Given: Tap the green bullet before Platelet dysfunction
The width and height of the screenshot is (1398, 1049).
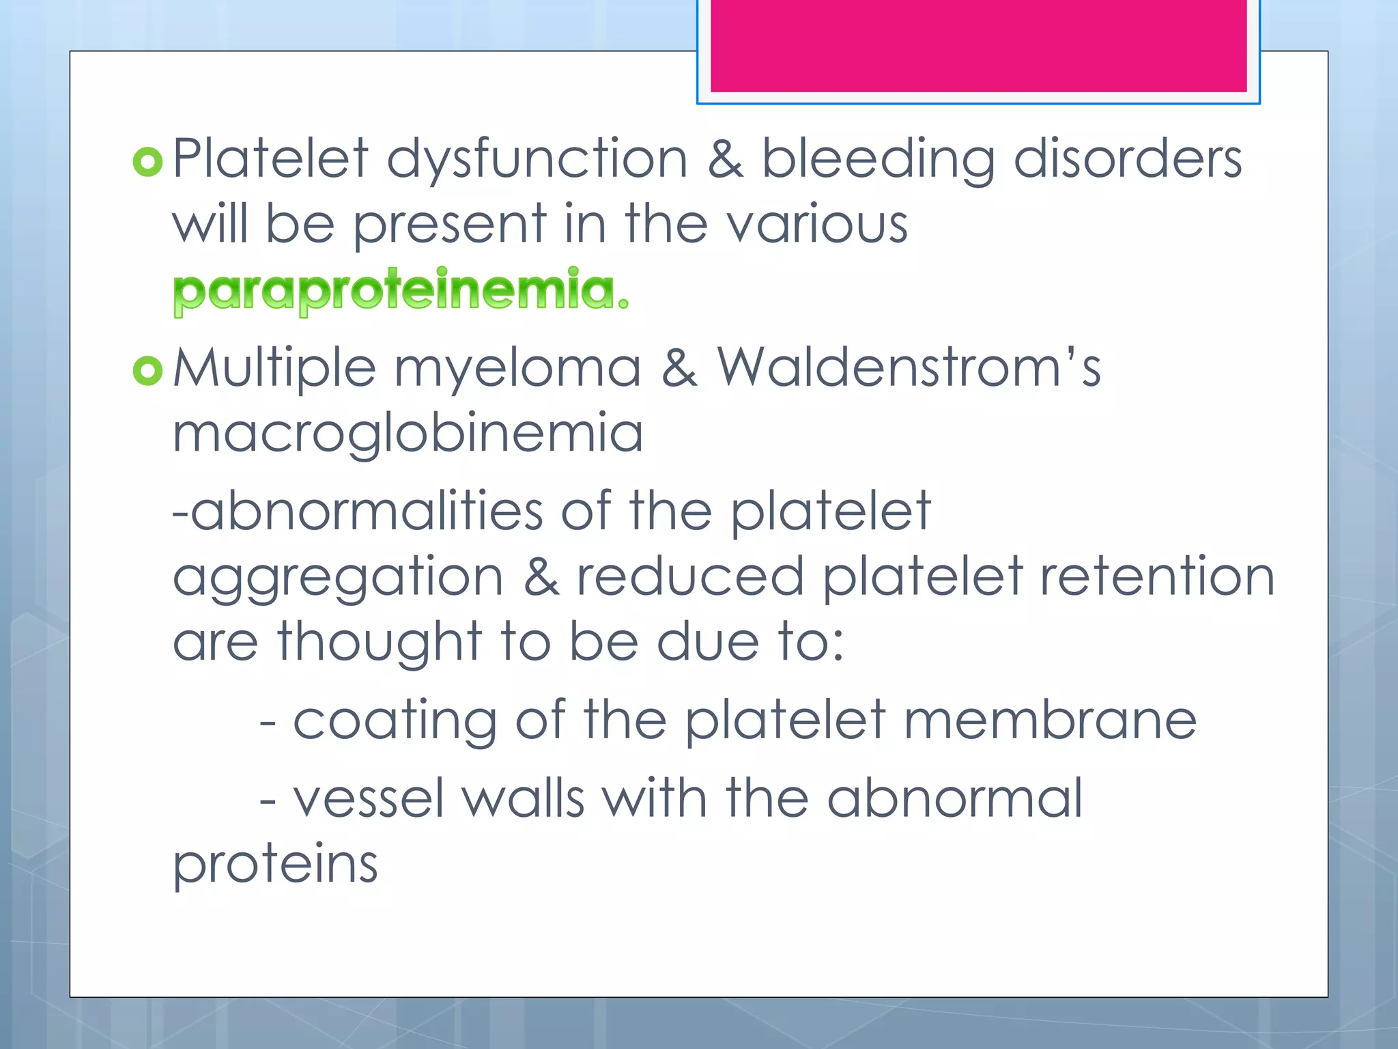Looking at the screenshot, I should (x=147, y=162).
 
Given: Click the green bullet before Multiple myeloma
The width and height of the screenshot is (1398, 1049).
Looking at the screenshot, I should (x=147, y=371).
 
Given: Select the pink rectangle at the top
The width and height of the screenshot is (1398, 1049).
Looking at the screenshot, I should (x=978, y=45).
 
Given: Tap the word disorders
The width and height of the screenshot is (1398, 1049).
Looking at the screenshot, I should (x=1127, y=158).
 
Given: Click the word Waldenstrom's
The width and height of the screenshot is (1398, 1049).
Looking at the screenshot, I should (x=908, y=368).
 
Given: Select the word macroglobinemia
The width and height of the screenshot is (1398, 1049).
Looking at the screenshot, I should (x=408, y=434).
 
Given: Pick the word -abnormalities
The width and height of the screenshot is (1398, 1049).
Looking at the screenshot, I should (x=358, y=510).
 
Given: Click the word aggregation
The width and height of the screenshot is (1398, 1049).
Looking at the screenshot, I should (x=338, y=578).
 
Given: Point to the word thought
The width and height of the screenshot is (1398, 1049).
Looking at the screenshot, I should (x=380, y=642).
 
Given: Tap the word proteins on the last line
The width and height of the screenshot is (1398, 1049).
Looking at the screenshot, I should (x=275, y=865).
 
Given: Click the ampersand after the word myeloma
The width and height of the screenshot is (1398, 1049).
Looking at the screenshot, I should (x=679, y=368).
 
